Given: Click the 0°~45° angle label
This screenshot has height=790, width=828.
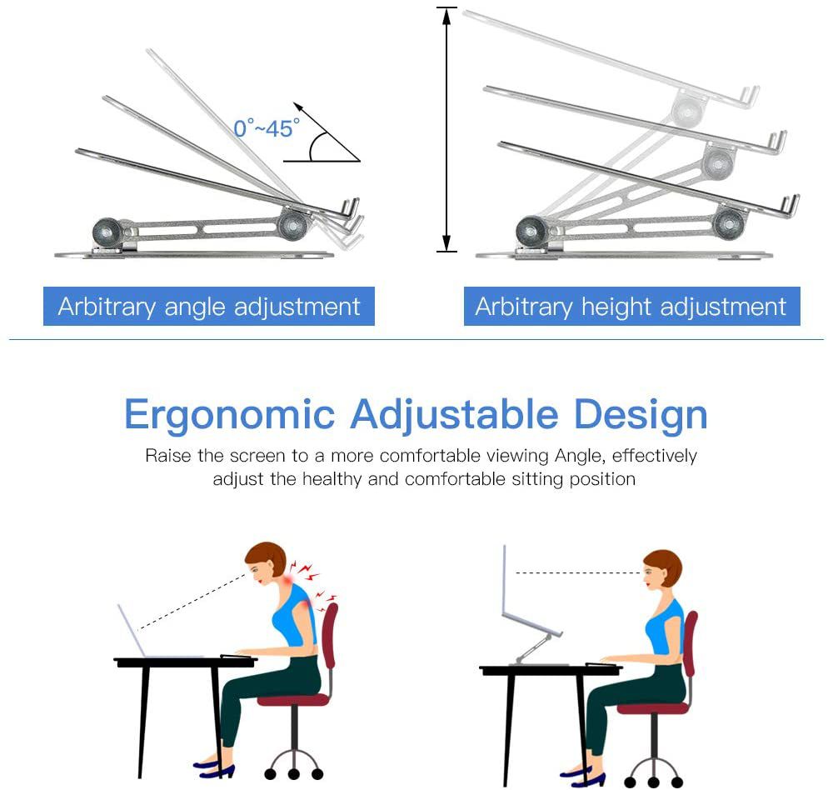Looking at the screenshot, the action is click(267, 127).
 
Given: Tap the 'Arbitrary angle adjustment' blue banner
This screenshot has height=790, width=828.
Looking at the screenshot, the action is click(209, 306).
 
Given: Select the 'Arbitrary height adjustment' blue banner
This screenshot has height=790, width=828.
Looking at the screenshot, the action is click(631, 306).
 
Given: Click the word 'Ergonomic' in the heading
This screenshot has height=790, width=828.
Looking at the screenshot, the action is click(230, 415).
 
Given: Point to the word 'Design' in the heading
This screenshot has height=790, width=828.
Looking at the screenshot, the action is click(641, 415).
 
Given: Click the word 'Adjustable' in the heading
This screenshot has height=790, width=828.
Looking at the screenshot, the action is click(455, 415).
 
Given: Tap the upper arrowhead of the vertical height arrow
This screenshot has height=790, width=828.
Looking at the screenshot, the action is click(446, 17).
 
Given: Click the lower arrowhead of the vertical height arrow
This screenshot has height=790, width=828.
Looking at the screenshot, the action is click(446, 242).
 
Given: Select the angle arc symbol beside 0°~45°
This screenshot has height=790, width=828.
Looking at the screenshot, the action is click(316, 147).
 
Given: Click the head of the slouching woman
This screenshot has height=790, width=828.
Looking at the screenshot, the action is click(266, 562).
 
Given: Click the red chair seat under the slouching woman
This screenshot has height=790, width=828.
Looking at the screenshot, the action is click(292, 700).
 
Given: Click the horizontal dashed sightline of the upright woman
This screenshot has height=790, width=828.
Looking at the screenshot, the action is click(578, 572).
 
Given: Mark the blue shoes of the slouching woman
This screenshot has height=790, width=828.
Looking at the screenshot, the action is click(214, 769).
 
